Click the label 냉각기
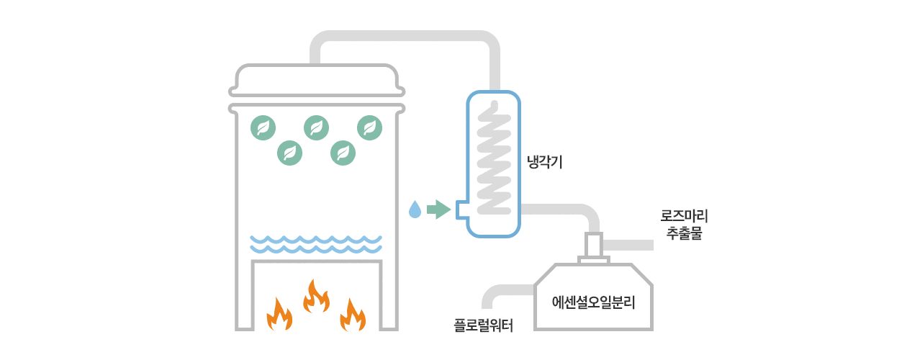[544, 163]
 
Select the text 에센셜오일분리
[593, 301]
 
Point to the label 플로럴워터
[484, 325]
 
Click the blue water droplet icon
[415, 209]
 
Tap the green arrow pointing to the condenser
[438, 209]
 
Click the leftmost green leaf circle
[263, 128]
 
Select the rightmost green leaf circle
[370, 128]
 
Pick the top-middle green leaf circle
[317, 128]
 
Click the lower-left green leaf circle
[290, 153]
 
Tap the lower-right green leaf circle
[343, 153]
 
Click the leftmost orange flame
[279, 314]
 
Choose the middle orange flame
[316, 296]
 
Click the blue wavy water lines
[316, 244]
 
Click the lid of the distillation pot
[317, 79]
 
